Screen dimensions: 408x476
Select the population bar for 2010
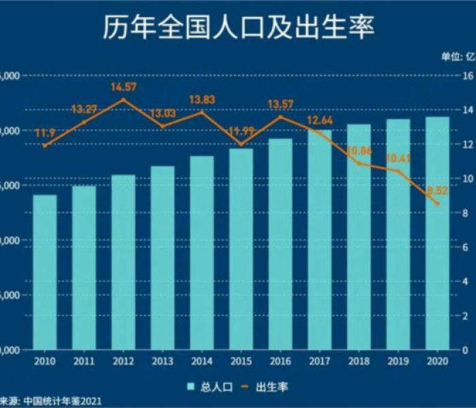click(x=45, y=272)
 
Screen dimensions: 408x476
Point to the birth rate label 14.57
click(x=123, y=87)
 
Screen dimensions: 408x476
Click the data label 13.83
click(x=201, y=100)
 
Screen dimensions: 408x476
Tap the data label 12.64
click(x=319, y=120)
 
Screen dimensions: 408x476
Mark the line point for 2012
click(x=123, y=100)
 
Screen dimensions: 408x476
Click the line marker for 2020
click(x=437, y=203)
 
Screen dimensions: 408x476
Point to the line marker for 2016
click(x=280, y=117)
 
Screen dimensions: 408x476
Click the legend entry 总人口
click(x=211, y=386)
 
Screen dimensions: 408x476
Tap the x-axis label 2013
click(x=163, y=360)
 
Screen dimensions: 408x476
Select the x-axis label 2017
click(x=319, y=360)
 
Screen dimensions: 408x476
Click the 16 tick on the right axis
click(x=468, y=75)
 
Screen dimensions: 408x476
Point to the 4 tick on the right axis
click(x=465, y=281)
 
